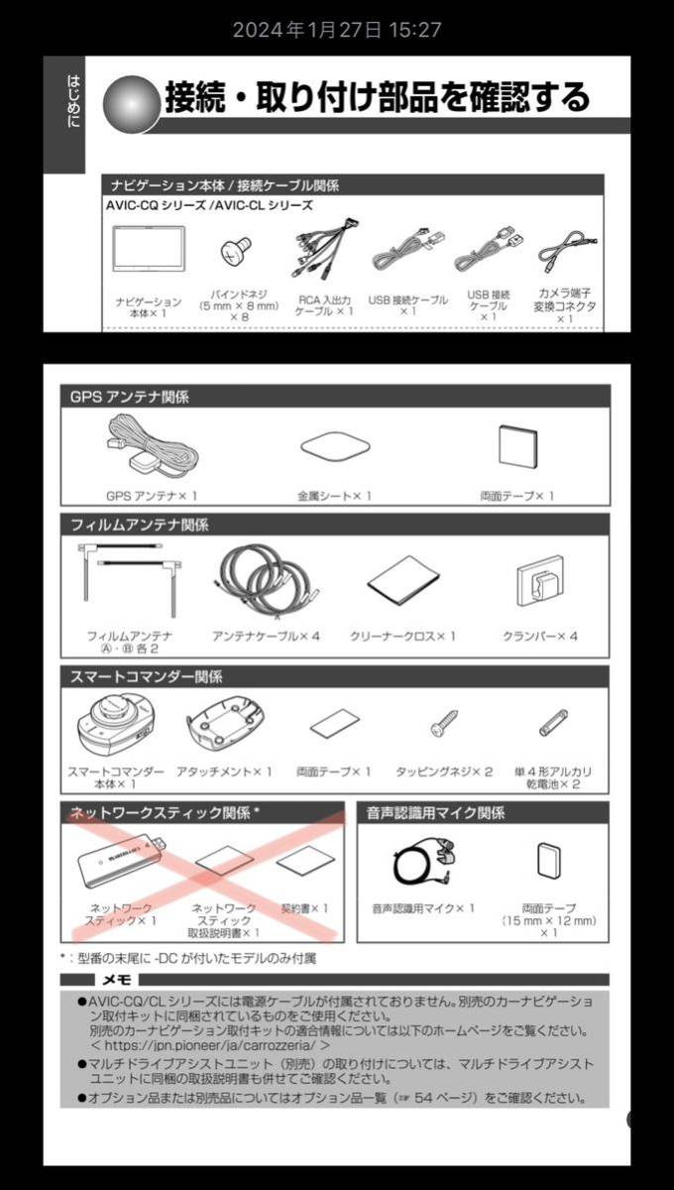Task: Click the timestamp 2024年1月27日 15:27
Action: pyautogui.click(x=337, y=30)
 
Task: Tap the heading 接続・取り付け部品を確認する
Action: pyautogui.click(x=377, y=97)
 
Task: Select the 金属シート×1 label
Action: pyautogui.click(x=334, y=494)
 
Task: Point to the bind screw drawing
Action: pyautogui.click(x=234, y=255)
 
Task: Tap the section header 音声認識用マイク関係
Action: pyautogui.click(x=435, y=813)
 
